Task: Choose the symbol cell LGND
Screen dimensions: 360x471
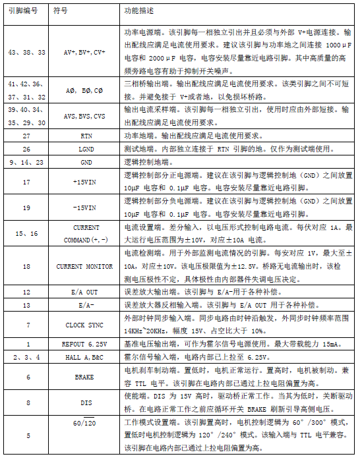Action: tap(87, 148)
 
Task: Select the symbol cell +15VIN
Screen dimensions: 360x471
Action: tap(84, 181)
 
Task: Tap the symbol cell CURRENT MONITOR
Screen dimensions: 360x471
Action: tap(84, 266)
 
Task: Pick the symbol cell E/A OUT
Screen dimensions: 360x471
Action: tap(84, 292)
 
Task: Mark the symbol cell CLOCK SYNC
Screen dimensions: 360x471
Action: tap(84, 325)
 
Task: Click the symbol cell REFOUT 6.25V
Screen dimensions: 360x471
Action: tap(84, 345)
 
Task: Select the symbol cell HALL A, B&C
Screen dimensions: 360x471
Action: tap(84, 357)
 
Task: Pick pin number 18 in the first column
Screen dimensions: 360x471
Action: tap(26, 266)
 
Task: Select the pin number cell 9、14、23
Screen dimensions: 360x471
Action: tap(26, 161)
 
